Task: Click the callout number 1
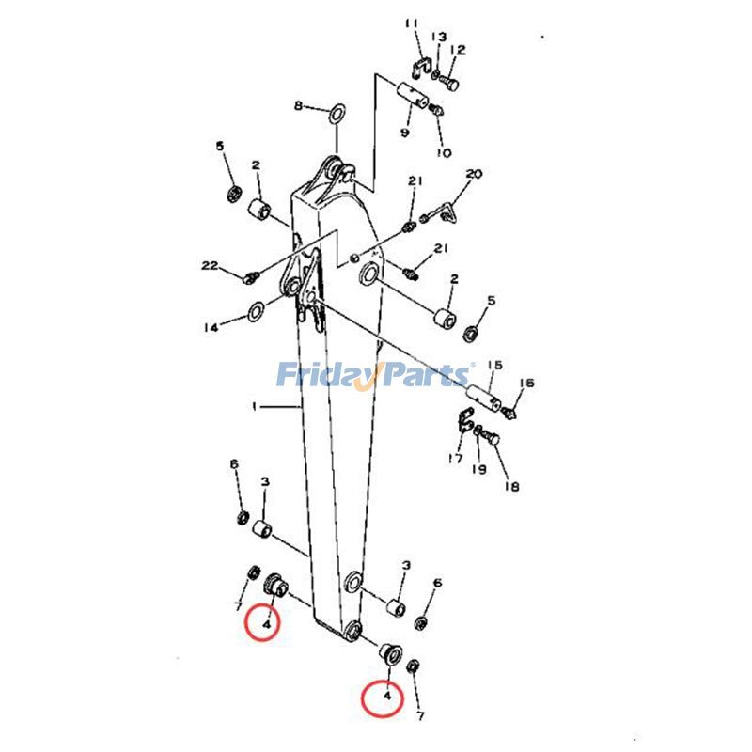255,407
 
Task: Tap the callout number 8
300,106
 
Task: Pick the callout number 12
458,50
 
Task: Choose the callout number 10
443,152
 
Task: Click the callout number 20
474,175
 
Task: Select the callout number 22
210,265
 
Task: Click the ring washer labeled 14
256,312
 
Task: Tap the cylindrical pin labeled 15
479,388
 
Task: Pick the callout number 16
526,384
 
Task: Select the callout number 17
455,459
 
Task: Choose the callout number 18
511,486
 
